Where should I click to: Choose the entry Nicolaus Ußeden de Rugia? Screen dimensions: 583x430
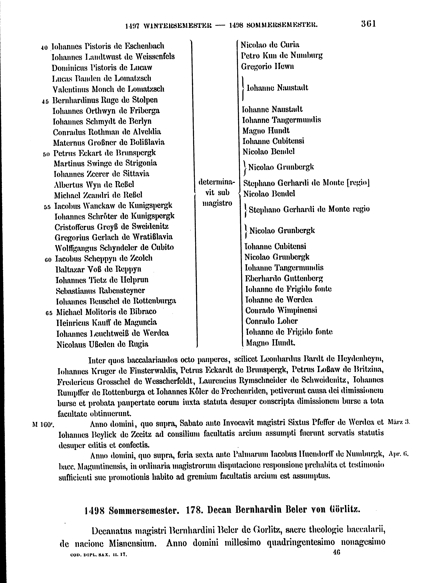point(103,344)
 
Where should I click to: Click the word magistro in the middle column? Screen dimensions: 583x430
point(217,203)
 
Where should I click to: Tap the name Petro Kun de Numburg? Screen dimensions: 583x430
point(282,56)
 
